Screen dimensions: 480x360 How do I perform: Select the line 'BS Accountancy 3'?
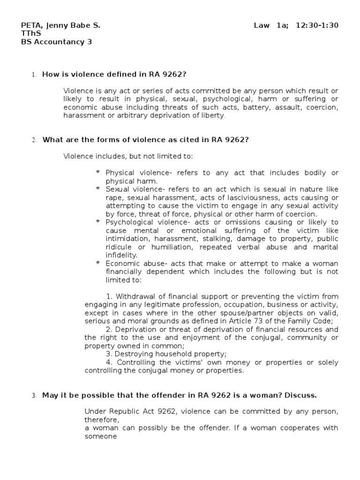[x=57, y=42]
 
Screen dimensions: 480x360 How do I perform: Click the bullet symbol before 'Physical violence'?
[x=97, y=172]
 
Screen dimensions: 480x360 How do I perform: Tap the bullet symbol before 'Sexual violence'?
[x=97, y=189]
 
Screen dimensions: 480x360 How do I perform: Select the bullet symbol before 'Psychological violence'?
[x=97, y=222]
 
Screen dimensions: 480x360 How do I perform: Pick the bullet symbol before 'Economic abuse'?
[x=97, y=263]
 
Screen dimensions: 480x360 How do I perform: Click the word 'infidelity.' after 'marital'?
[x=121, y=255]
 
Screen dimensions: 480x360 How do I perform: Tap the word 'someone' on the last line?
[x=100, y=436]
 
